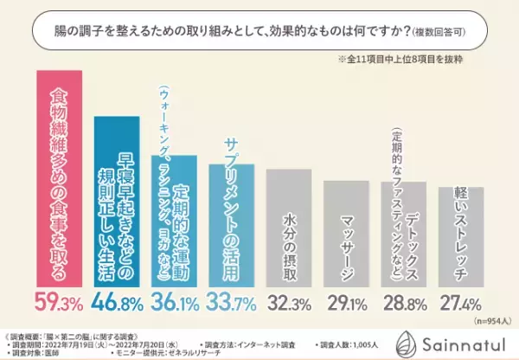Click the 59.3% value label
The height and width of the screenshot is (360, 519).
[x=58, y=305]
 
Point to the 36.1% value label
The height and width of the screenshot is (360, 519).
[x=176, y=305]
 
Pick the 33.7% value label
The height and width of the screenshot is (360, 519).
[x=232, y=305]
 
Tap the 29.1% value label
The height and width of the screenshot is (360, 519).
[x=348, y=305]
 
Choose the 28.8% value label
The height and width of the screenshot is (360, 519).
[x=404, y=305]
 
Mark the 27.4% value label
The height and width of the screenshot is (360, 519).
[x=461, y=305]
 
